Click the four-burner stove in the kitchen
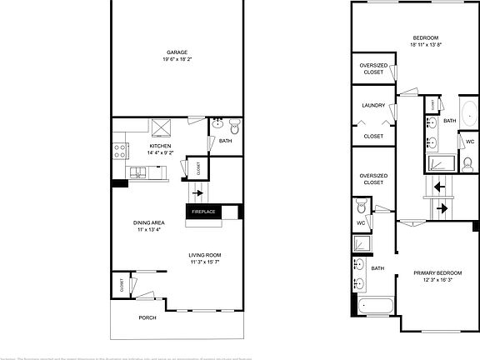click(x=120, y=151)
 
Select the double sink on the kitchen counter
click(x=138, y=172)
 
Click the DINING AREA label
click(x=148, y=222)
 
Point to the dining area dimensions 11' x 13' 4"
click(x=148, y=229)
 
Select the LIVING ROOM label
click(x=205, y=255)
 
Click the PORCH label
click(x=147, y=317)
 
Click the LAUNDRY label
click(x=372, y=106)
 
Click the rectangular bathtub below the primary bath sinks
click(x=377, y=307)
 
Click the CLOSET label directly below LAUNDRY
click(x=372, y=136)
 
